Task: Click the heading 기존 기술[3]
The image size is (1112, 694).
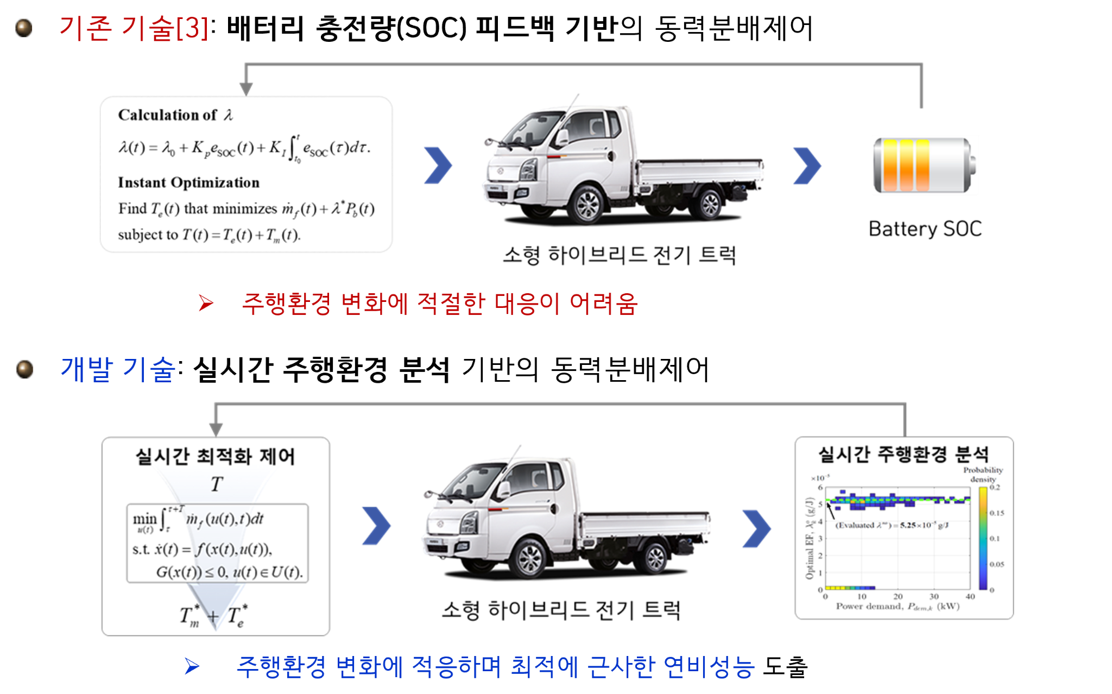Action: pyautogui.click(x=134, y=28)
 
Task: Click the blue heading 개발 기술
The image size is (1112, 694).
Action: pyautogui.click(x=118, y=369)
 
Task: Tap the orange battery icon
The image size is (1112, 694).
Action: pyautogui.click(x=924, y=165)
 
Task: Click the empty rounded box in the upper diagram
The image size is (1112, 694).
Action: pyautogui.click(x=247, y=174)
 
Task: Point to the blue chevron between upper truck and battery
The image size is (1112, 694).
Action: pyautogui.click(x=807, y=166)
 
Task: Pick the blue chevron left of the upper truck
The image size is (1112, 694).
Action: pyautogui.click(x=438, y=165)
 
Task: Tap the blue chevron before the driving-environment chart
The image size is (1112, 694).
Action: pyautogui.click(x=756, y=528)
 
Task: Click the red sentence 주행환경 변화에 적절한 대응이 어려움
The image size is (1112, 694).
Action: pyautogui.click(x=439, y=304)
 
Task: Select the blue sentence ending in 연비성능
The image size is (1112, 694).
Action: pyautogui.click(x=495, y=667)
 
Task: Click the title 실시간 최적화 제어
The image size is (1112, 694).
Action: pyautogui.click(x=215, y=456)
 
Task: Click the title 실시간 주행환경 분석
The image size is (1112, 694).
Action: pyautogui.click(x=903, y=454)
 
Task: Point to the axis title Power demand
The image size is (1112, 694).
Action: pyautogui.click(x=898, y=606)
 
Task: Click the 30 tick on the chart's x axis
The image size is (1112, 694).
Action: pyautogui.click(x=934, y=596)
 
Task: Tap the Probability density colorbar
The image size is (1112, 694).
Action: pyautogui.click(x=983, y=538)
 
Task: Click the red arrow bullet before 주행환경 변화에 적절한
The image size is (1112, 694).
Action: pyautogui.click(x=206, y=303)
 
